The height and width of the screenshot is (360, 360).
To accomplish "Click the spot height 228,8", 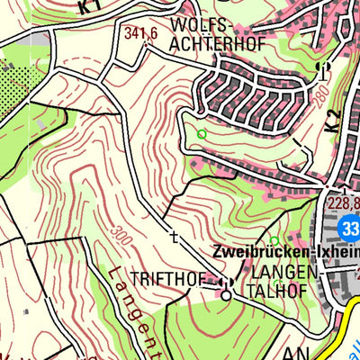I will point(342,204).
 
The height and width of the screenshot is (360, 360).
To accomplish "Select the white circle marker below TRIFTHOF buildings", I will point(227,294).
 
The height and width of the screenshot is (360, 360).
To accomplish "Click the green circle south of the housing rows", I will point(202,135).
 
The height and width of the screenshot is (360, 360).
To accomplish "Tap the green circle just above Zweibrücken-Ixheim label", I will point(274,239).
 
